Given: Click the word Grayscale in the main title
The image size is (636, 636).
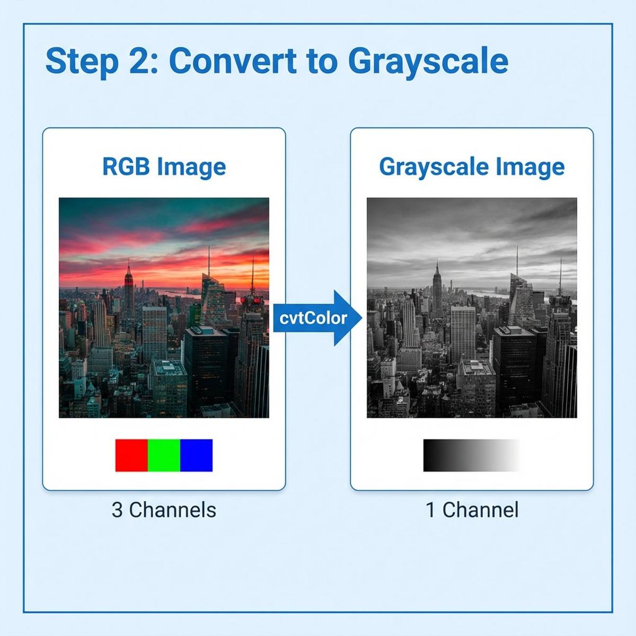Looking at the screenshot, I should pyautogui.click(x=428, y=62).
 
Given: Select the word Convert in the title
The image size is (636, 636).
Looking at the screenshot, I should pyautogui.click(x=233, y=61).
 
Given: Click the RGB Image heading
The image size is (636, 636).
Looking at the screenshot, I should pyautogui.click(x=164, y=166).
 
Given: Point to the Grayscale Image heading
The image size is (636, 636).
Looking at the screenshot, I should pyautogui.click(x=472, y=166).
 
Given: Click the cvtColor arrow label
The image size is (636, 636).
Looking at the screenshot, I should pyautogui.click(x=313, y=318).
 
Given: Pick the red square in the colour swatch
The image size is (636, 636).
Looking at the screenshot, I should pyautogui.click(x=131, y=455).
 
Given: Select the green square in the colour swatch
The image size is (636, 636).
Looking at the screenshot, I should pyautogui.click(x=164, y=455).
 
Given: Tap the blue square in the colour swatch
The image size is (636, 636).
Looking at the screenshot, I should pyautogui.click(x=196, y=455).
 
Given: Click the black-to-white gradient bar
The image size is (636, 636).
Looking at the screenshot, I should pyautogui.click(x=471, y=455).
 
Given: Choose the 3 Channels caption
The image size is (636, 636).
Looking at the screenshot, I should pyautogui.click(x=164, y=510).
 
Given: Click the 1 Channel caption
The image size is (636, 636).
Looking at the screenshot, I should pyautogui.click(x=472, y=510).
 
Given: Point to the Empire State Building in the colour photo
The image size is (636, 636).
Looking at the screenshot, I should pyautogui.click(x=129, y=289).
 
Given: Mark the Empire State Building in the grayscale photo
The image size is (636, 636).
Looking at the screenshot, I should pyautogui.click(x=437, y=289).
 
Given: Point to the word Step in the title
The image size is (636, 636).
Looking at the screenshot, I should pyautogui.click(x=82, y=62).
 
